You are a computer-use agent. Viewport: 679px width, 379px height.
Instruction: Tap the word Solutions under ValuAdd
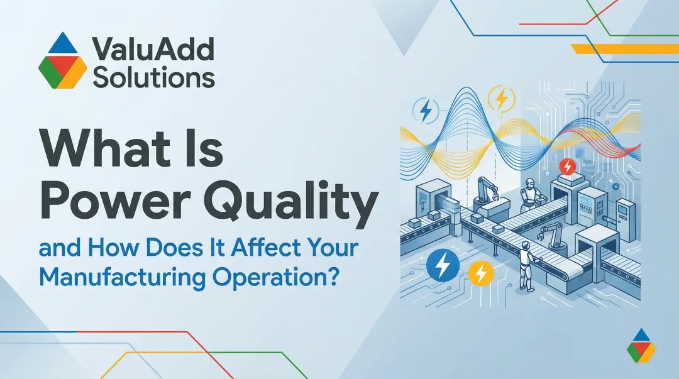(x=153, y=77)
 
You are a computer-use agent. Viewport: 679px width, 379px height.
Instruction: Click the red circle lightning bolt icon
(x=567, y=167)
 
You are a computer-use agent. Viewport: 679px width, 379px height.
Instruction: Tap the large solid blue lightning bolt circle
(x=443, y=266)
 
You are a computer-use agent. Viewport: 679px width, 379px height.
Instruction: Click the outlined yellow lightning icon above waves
(x=502, y=99)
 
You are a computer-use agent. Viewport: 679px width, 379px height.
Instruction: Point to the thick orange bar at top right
(x=623, y=48)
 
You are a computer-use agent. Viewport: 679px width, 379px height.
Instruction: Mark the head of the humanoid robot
(x=528, y=183)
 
